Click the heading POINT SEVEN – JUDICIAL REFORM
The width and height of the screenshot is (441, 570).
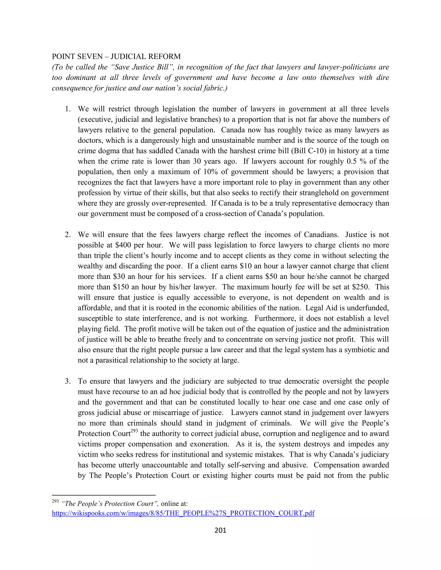pos(116,57)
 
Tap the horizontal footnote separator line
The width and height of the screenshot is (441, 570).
pos(104,495)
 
